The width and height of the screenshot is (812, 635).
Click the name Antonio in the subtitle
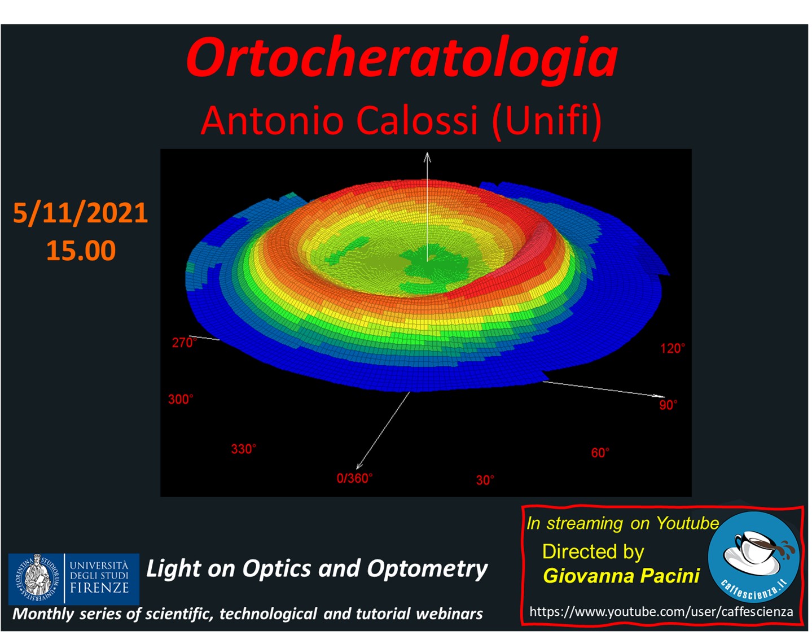(272, 120)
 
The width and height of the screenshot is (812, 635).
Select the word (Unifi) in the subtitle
(547, 122)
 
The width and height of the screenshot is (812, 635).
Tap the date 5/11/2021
(80, 213)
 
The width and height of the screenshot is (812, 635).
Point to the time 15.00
(81, 250)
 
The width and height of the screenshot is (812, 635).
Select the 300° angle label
(181, 399)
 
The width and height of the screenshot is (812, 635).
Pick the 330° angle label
(244, 449)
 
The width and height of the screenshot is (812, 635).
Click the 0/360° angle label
(354, 479)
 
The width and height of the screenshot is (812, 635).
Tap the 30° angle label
(485, 480)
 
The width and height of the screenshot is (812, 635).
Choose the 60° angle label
(600, 453)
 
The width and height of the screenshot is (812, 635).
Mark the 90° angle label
(668, 405)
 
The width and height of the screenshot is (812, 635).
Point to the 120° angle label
(673, 349)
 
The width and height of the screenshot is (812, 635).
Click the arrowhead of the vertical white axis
(427, 157)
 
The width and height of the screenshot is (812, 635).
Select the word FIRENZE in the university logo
(99, 588)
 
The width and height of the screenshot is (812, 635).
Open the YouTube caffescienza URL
(661, 612)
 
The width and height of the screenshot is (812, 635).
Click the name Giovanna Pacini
(621, 576)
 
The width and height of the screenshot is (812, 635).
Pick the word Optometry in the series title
(427, 569)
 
